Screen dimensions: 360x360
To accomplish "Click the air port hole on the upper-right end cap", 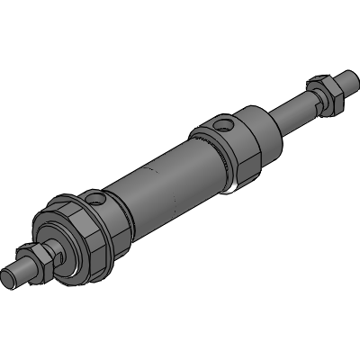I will point(223,122).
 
